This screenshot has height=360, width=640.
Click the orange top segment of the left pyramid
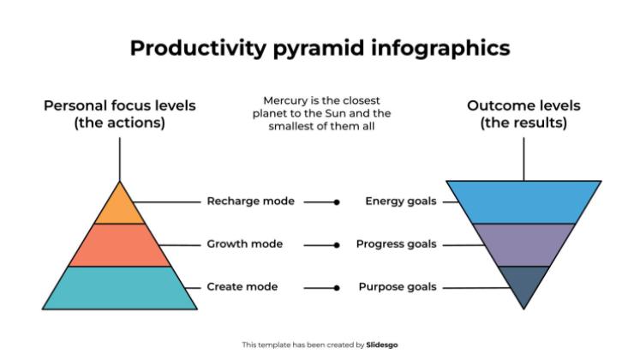pyautogui.click(x=119, y=207)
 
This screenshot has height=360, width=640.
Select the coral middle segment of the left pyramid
pyautogui.click(x=119, y=244)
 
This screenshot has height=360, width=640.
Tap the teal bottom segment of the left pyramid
pyautogui.click(x=119, y=287)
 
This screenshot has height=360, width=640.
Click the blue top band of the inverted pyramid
pyautogui.click(x=523, y=201)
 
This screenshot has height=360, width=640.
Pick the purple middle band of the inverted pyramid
pyautogui.click(x=523, y=244)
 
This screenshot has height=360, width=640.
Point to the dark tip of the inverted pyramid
pyautogui.click(x=523, y=285)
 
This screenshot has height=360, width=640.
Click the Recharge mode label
pyautogui.click(x=250, y=201)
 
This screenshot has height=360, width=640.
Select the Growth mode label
pyautogui.click(x=244, y=244)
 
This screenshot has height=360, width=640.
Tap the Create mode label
pyautogui.click(x=241, y=286)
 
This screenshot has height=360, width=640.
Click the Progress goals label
pyautogui.click(x=397, y=244)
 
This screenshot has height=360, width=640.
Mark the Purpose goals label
pyautogui.click(x=398, y=286)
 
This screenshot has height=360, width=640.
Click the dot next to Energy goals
pyautogui.click(x=337, y=202)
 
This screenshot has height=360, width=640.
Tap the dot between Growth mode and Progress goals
pyautogui.click(x=337, y=245)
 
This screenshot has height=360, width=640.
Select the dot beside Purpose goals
pyautogui.click(x=337, y=287)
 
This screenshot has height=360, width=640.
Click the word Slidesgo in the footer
pyautogui.click(x=383, y=345)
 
